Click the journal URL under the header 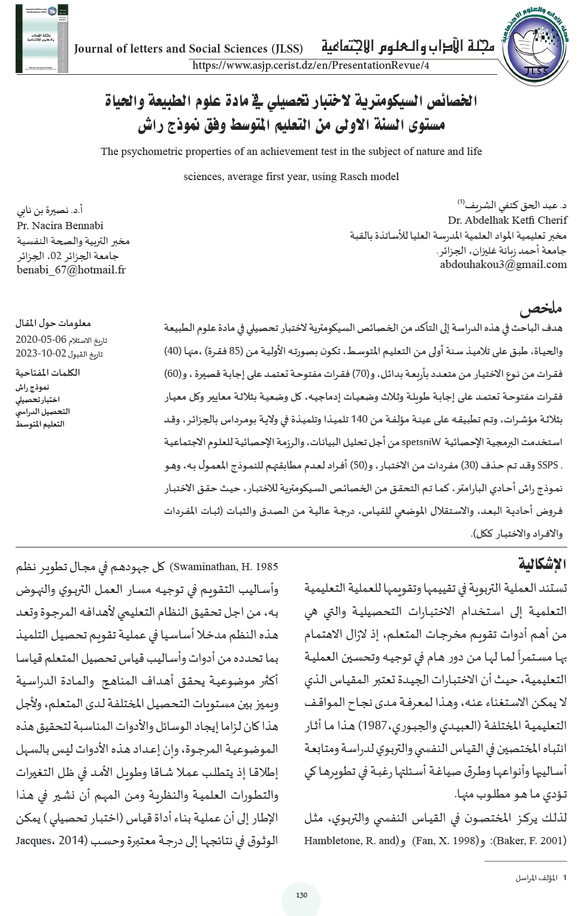tap(311, 65)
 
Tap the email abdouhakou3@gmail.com tap(503, 264)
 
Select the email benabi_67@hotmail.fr tap(71, 270)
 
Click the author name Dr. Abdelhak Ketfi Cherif tap(507, 220)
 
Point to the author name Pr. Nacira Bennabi tap(60, 226)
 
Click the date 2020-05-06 tap(41, 339)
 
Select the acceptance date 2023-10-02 tap(41, 354)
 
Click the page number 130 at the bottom tap(301, 895)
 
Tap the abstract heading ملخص tap(540, 309)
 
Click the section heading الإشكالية tap(542, 564)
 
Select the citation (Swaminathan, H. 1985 tap(224, 567)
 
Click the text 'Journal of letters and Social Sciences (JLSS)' tap(188, 49)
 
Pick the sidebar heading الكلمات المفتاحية tap(47, 372)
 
